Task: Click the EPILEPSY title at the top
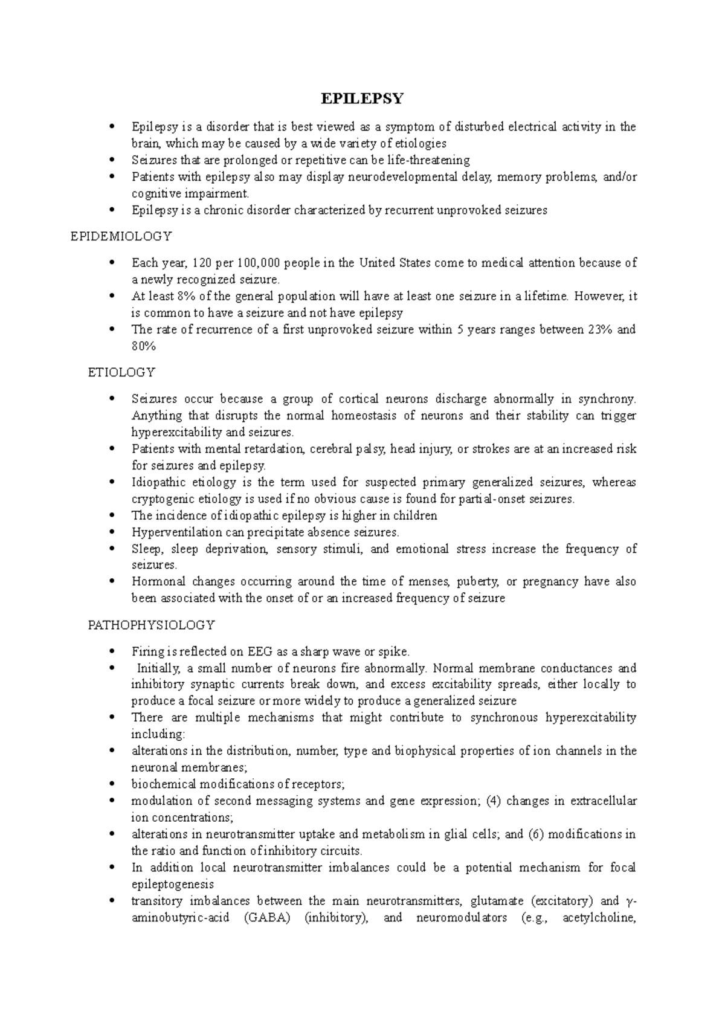pos(362,98)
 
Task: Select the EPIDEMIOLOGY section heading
pos(121,236)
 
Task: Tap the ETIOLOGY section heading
pos(121,372)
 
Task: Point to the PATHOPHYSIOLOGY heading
pos(151,625)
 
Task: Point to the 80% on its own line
pos(143,346)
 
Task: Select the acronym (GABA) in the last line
pos(268,918)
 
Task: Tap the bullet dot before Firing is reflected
pos(112,652)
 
